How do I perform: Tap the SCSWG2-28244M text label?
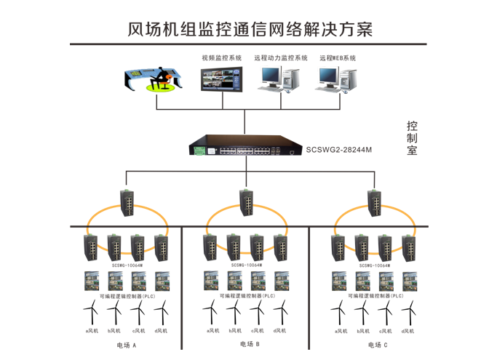pyautogui.click(x=338, y=150)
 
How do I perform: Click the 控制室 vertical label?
pyautogui.click(x=412, y=138)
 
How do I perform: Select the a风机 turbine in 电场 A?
pyautogui.click(x=91, y=314)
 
